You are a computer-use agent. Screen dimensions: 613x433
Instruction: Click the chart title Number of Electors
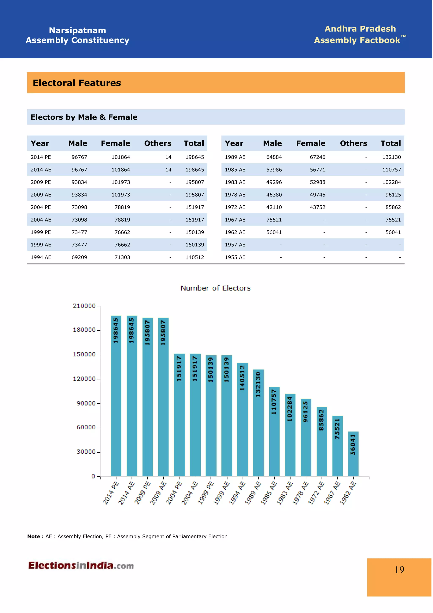click(x=216, y=289)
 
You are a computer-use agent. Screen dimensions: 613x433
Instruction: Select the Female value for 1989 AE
click(x=318, y=158)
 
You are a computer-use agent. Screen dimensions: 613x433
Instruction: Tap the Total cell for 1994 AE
click(x=195, y=258)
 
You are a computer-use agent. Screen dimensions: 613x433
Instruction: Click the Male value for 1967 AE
click(x=274, y=220)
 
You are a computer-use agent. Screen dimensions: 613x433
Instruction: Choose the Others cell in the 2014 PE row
click(x=169, y=158)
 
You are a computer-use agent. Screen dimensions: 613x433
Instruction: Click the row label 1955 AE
click(x=236, y=258)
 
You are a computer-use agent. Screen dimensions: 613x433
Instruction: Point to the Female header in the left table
click(x=116, y=144)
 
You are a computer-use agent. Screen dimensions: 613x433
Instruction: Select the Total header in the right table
click(x=391, y=144)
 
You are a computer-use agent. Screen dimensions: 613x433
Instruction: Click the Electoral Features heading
click(x=77, y=83)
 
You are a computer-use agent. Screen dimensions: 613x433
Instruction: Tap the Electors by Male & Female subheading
click(x=84, y=117)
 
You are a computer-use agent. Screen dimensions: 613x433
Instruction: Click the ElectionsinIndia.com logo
click(x=81, y=566)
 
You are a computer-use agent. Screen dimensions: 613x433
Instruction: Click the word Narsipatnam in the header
click(x=78, y=31)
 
